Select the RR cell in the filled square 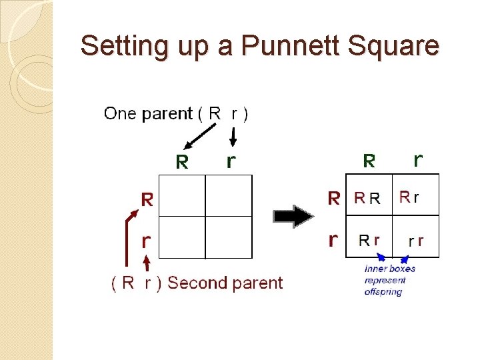(x=367, y=198)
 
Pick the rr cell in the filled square (x=416, y=241)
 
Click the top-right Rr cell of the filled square (x=409, y=197)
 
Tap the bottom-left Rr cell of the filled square (x=369, y=240)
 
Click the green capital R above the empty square (x=182, y=161)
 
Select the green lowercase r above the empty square (x=231, y=161)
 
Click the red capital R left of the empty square (x=147, y=198)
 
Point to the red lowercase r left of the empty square (x=146, y=241)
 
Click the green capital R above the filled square (x=369, y=161)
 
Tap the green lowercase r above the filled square (x=417, y=160)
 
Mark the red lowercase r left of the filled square (x=333, y=239)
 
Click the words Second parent (x=225, y=283)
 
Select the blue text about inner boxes (x=389, y=280)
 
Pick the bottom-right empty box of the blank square (x=229, y=237)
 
